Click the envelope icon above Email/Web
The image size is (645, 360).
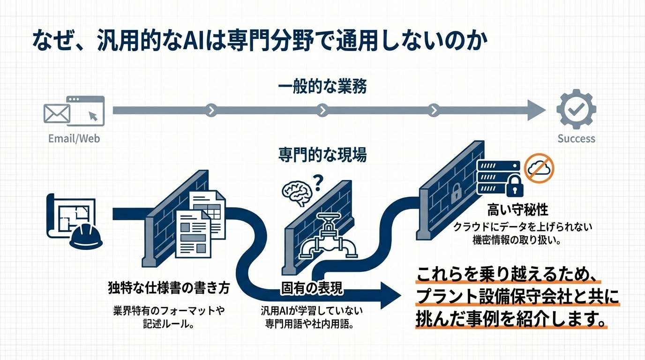point(56,113)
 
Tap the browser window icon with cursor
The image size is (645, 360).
point(86,111)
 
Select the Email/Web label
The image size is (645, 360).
point(74,139)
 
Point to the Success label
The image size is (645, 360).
point(576,139)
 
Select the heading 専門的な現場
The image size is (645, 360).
point(322,155)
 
